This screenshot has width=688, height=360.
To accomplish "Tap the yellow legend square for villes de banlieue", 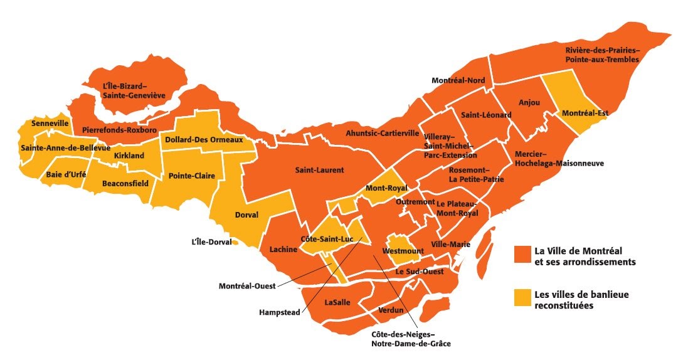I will click(522, 298).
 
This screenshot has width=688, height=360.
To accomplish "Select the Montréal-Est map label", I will click(585, 113).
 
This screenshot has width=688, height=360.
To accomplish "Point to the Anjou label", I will click(529, 102).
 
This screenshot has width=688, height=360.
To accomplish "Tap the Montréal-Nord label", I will click(458, 80).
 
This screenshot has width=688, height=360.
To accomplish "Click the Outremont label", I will click(415, 202).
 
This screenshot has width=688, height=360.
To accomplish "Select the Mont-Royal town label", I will click(386, 188).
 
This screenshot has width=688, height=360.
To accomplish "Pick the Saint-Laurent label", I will click(319, 170).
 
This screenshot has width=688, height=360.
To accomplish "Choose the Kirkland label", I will click(129, 155).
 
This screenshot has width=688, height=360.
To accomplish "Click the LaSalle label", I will click(337, 302).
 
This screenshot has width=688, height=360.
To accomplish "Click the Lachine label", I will click(283, 250).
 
